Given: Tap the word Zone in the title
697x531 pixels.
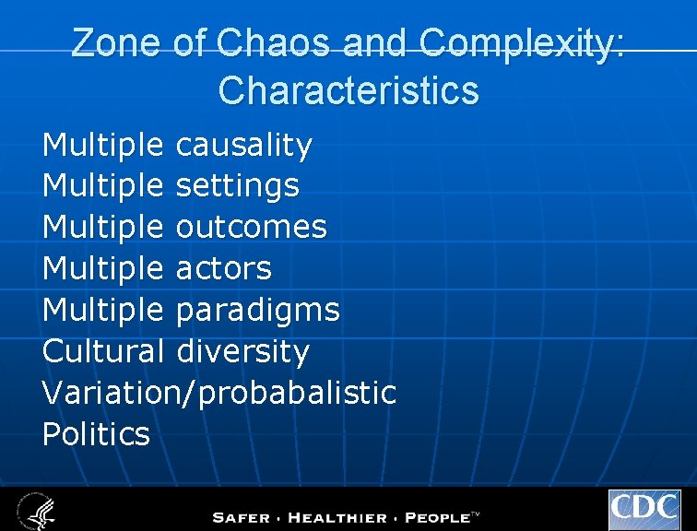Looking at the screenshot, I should click(x=117, y=44).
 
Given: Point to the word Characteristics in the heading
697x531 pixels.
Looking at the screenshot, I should click(x=348, y=90).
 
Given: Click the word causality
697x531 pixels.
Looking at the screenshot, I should click(x=243, y=145).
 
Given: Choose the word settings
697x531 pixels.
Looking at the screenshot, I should click(x=237, y=186).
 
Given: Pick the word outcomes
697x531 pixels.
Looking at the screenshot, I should click(x=251, y=228).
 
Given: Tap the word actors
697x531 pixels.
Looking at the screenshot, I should click(x=223, y=268).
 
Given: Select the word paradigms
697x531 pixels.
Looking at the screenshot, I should click(x=257, y=311).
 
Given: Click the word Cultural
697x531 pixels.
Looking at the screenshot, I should click(x=103, y=351).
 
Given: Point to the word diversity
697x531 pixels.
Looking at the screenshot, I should click(x=242, y=351).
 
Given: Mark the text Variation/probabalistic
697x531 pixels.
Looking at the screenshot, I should click(x=219, y=393).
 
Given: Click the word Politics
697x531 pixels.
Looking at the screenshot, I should click(x=96, y=433).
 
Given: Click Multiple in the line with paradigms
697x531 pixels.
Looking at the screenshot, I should click(x=103, y=311).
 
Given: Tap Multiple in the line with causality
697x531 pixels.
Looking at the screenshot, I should click(x=103, y=145).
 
